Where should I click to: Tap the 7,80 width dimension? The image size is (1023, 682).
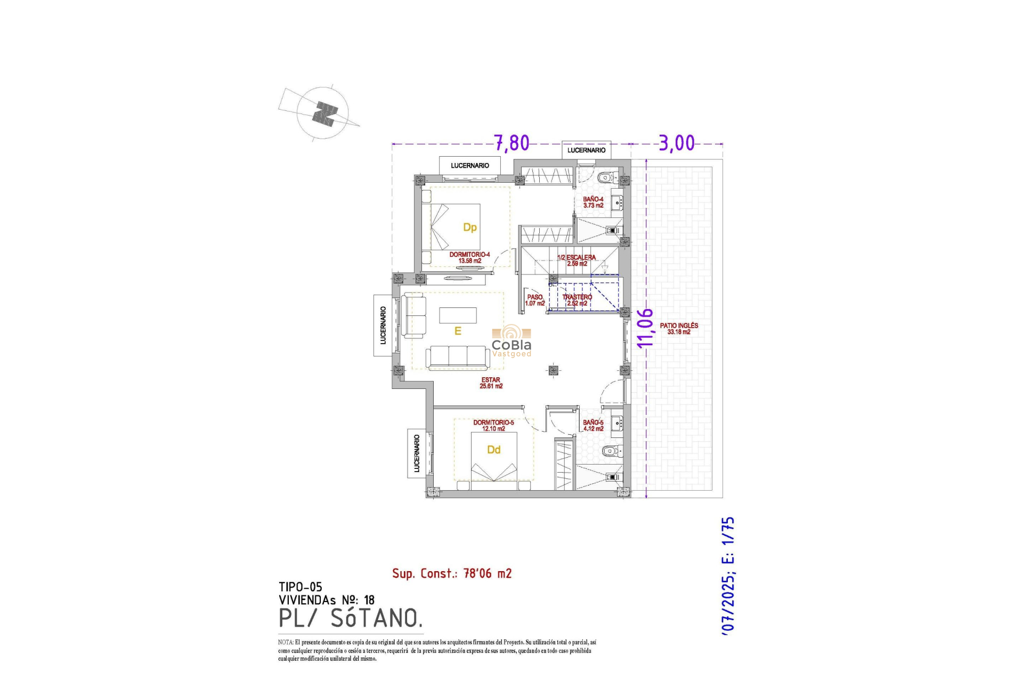[511, 143]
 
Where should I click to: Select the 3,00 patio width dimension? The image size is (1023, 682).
[677, 143]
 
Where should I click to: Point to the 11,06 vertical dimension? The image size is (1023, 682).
[645, 328]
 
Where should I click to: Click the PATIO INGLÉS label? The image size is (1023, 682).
[678, 328]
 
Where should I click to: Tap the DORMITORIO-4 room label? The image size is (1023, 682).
[469, 257]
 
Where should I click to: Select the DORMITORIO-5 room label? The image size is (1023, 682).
[493, 425]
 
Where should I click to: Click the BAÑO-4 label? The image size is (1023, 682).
[593, 202]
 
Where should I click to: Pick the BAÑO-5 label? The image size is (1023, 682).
[593, 425]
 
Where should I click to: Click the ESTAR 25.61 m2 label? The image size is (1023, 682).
[491, 383]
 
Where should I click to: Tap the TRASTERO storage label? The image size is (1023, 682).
[577, 300]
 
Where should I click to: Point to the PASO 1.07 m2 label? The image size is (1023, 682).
[535, 300]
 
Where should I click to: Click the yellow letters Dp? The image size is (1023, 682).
[469, 228]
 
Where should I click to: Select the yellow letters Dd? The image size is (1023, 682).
[493, 450]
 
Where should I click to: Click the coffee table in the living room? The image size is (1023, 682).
[458, 315]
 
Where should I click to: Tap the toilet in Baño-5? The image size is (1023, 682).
[610, 451]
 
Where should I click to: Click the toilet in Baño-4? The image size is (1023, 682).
[606, 177]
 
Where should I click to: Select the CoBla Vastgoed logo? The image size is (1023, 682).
[511, 341]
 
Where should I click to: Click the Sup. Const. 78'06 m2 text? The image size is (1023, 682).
[452, 573]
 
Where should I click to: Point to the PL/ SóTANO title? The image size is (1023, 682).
[351, 618]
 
